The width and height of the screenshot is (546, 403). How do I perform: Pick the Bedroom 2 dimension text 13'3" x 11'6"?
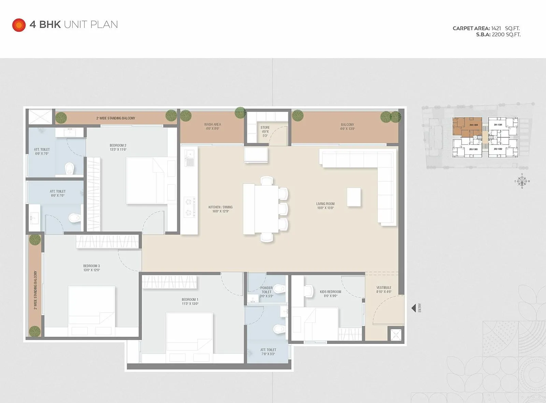[118, 150]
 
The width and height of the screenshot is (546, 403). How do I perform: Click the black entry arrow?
[414, 308]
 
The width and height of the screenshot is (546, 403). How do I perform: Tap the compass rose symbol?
[522, 181]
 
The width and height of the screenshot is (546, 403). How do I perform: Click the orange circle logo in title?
[19, 25]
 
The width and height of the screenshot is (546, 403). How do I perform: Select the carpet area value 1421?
[496, 28]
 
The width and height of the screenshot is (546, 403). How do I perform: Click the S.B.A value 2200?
[498, 34]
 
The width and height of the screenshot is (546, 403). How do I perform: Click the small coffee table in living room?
[354, 197]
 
